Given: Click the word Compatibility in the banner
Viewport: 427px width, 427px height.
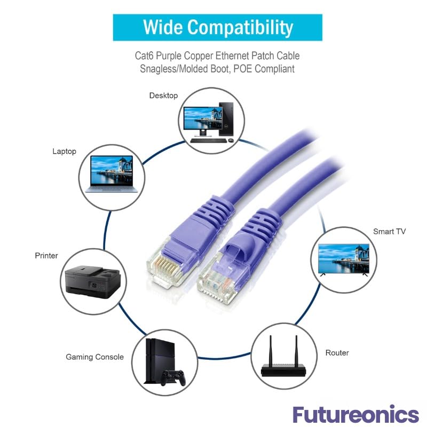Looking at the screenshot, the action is (240, 28).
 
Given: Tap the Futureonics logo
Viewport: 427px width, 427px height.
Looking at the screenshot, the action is (355, 414).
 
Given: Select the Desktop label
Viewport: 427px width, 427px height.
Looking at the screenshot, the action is (163, 96).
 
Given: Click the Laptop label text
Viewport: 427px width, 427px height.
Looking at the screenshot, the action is (64, 152).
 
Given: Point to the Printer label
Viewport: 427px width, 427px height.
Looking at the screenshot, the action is (46, 256).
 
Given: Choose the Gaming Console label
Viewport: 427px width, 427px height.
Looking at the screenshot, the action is (95, 357).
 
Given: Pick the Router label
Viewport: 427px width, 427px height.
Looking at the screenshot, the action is (337, 353).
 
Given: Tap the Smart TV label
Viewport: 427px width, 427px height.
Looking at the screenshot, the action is (390, 232).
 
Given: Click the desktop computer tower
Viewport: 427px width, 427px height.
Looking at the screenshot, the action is (226, 119).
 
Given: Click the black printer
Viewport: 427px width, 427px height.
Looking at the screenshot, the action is (93, 282).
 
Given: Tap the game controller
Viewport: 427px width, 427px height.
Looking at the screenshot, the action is (173, 377).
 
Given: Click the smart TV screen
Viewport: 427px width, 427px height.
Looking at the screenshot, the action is (344, 259).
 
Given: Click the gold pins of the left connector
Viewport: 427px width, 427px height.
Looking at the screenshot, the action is (165, 265).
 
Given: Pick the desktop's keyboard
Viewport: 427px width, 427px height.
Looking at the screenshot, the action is (208, 140).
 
